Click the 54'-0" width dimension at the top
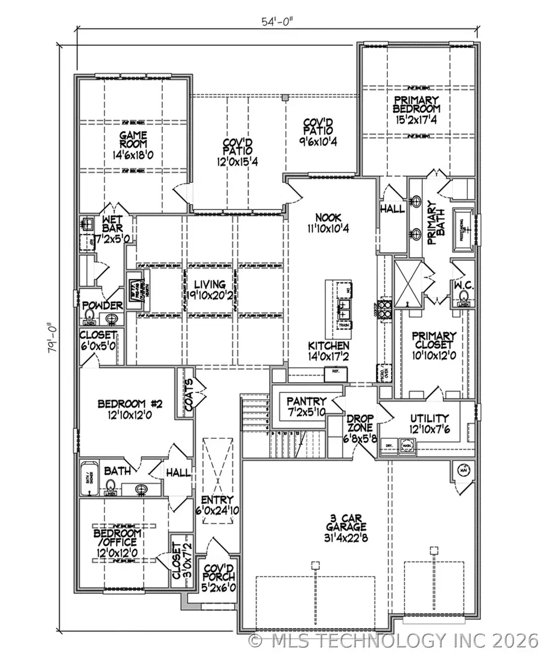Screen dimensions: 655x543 pos(278,21)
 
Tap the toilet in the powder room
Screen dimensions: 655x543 pos(89,318)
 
